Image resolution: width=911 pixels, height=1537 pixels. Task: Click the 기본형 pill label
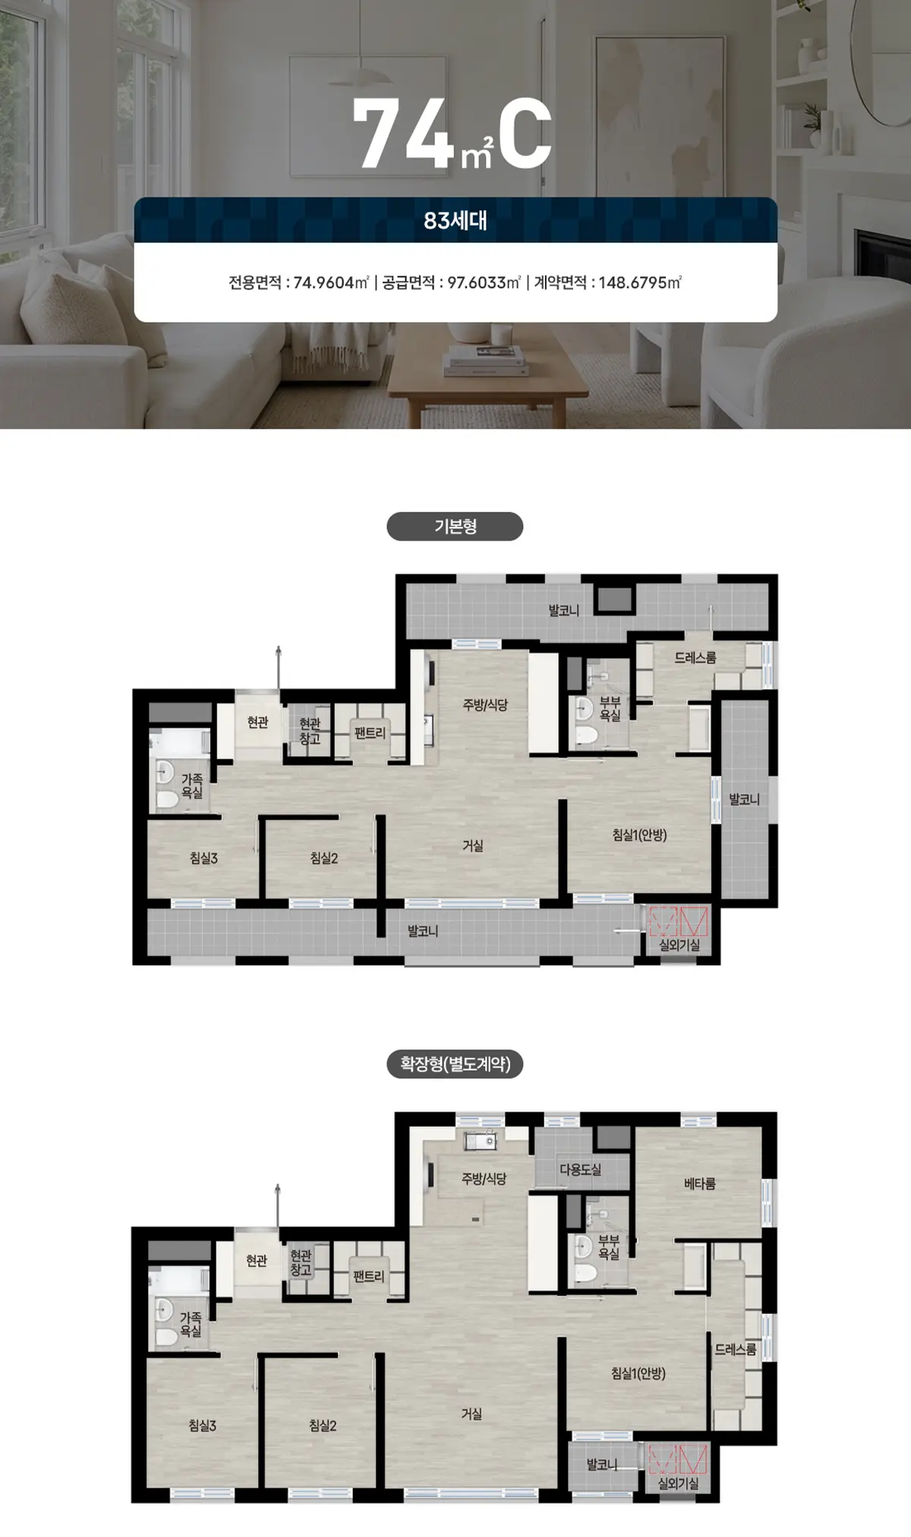(455, 526)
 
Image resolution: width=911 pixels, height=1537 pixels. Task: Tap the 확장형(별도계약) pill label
(455, 1064)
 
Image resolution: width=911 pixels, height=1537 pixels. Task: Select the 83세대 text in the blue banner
(455, 221)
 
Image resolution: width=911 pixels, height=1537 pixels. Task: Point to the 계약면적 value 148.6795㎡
(640, 282)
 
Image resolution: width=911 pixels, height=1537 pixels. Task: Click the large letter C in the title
(525, 135)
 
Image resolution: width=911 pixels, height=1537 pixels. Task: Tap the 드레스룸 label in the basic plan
(695, 658)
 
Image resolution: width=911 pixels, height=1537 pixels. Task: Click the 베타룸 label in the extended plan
(699, 1183)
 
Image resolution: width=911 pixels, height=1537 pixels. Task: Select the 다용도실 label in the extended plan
(581, 1169)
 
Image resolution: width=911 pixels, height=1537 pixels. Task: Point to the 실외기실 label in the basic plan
(679, 945)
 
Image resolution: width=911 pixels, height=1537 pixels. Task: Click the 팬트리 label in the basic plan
(370, 733)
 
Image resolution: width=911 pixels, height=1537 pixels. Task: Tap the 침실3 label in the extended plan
(203, 1425)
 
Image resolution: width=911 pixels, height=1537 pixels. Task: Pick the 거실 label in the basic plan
(472, 845)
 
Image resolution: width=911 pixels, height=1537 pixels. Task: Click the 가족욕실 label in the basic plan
(191, 786)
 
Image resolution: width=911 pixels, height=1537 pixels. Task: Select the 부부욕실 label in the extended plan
(609, 1248)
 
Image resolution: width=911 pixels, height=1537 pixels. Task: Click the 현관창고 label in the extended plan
(301, 1263)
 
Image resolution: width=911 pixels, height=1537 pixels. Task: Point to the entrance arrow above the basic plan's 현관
(279, 668)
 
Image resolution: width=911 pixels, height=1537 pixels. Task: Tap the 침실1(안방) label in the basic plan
(639, 835)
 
